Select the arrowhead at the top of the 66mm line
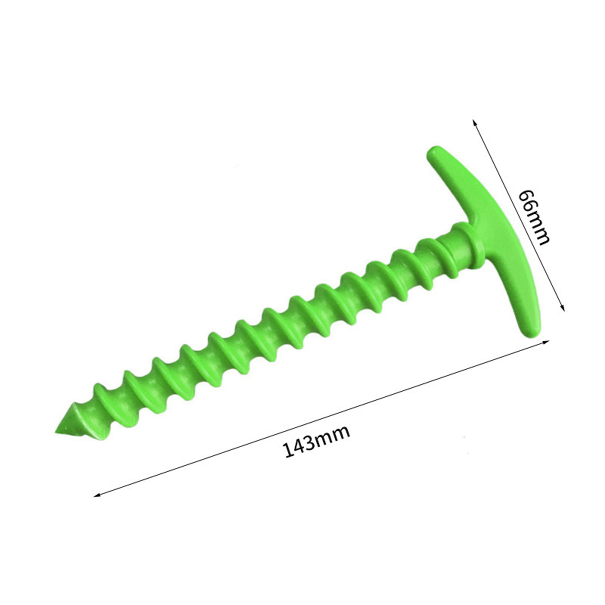474,123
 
